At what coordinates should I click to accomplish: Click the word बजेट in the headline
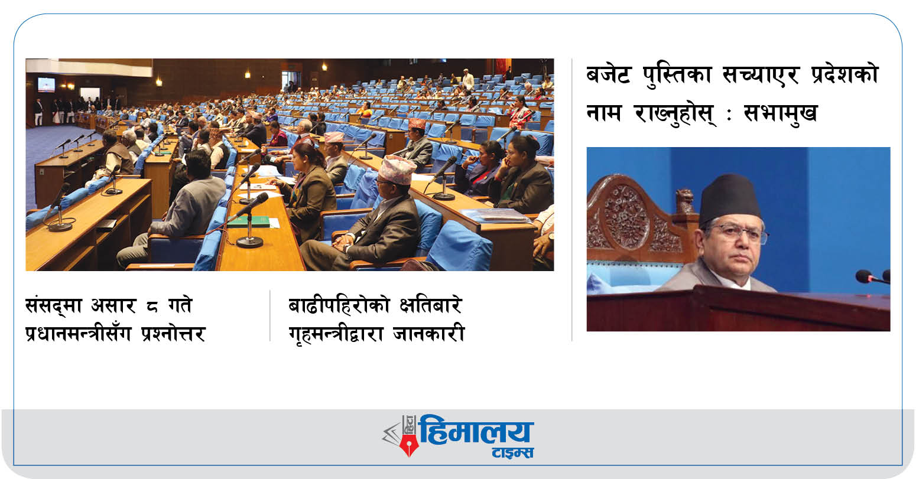click(x=609, y=75)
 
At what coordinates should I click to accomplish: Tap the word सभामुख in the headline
click(x=780, y=113)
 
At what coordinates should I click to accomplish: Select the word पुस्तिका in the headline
click(x=677, y=75)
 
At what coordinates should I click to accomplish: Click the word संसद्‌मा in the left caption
click(x=54, y=305)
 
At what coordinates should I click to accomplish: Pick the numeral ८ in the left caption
click(x=152, y=307)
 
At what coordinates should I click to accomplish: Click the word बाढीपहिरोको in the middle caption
click(x=340, y=306)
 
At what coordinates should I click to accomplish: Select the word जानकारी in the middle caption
click(x=429, y=333)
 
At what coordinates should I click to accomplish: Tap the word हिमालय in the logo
click(x=477, y=431)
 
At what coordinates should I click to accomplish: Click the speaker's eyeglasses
click(x=739, y=234)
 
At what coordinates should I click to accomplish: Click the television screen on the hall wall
click(x=46, y=84)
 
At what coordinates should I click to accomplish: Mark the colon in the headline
click(x=729, y=115)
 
